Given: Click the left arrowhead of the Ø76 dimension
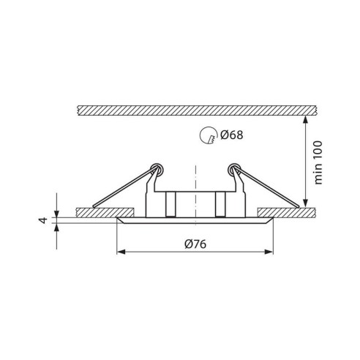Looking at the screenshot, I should (x=121, y=252).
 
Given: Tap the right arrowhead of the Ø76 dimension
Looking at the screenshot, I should (x=271, y=252).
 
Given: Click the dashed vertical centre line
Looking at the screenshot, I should (x=195, y=176).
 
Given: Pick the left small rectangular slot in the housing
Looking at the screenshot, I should (x=170, y=205).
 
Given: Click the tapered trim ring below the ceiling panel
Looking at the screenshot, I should (x=195, y=221).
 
